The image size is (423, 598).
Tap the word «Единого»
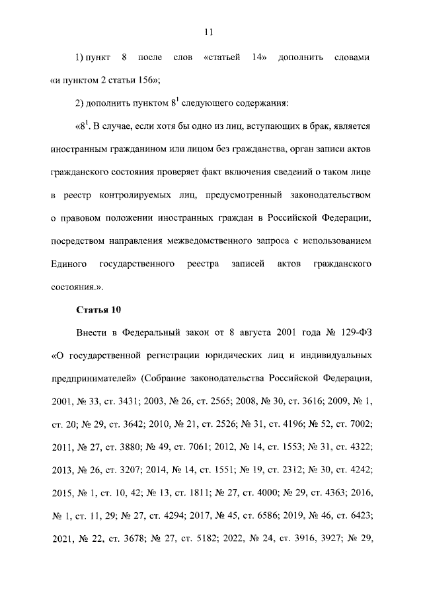69,264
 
